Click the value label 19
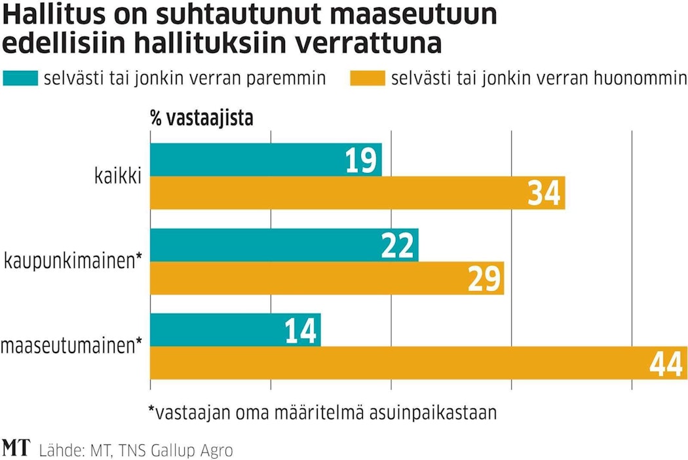pos(361,161)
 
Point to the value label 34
pos(545,194)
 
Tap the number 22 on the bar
pos(398,246)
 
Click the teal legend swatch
pos(21,79)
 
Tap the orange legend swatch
pos(368,79)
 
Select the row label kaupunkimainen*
pos(73,261)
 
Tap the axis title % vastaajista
pos(201,119)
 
